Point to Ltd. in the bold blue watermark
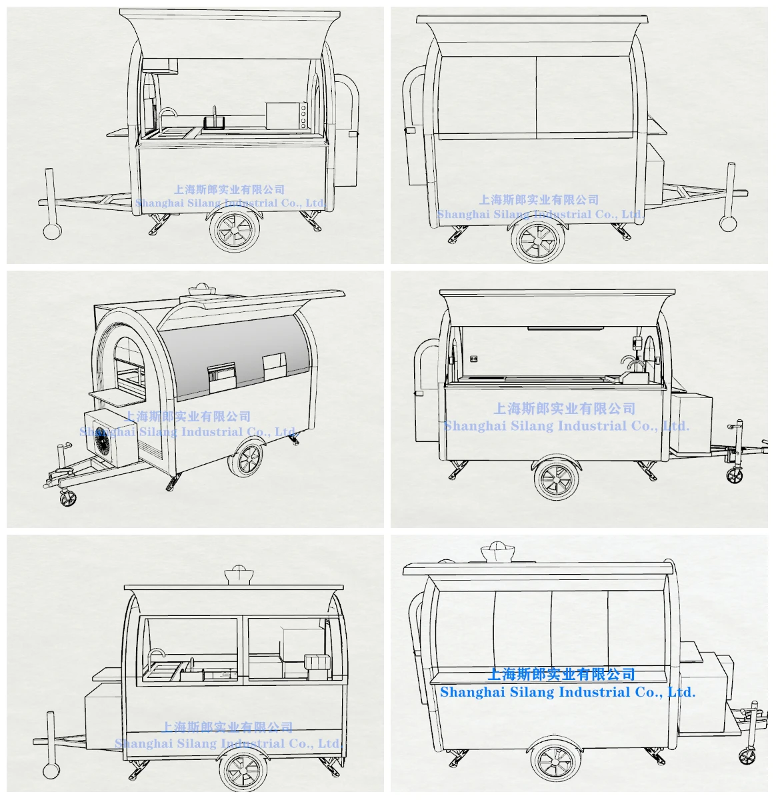click(x=681, y=692)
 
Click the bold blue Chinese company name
click(x=561, y=674)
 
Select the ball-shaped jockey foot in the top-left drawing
click(x=51, y=231)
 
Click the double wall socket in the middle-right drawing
click(x=473, y=359)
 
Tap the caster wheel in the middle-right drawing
click(x=735, y=475)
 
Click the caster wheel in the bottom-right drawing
click(x=747, y=755)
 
